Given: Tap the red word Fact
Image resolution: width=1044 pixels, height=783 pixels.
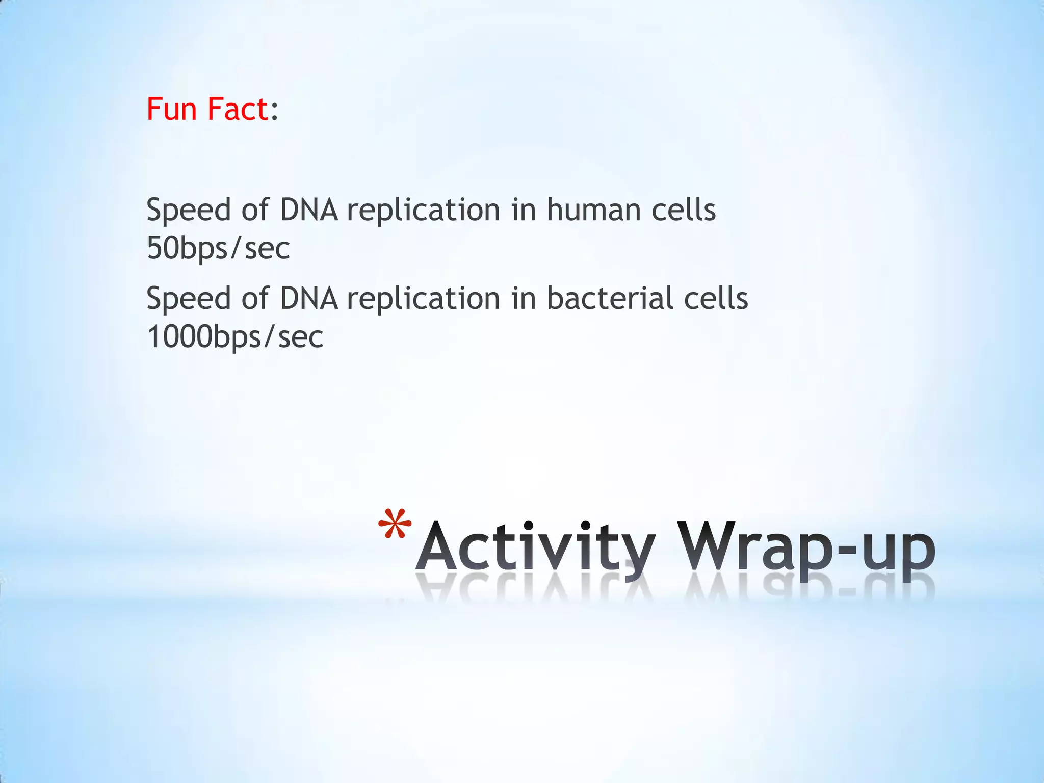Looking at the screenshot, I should click(238, 109).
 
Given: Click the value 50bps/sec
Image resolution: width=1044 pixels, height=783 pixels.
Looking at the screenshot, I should click(218, 249).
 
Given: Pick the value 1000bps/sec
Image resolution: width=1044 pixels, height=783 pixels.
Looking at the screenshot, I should click(235, 337).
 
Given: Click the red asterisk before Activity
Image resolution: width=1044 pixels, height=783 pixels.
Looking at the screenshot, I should click(395, 525).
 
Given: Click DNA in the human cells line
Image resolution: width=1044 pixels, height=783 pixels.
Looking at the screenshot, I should click(309, 210).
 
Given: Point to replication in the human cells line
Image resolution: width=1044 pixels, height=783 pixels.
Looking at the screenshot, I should click(424, 210).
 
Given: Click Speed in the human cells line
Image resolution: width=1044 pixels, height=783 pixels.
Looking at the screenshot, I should click(189, 210).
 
